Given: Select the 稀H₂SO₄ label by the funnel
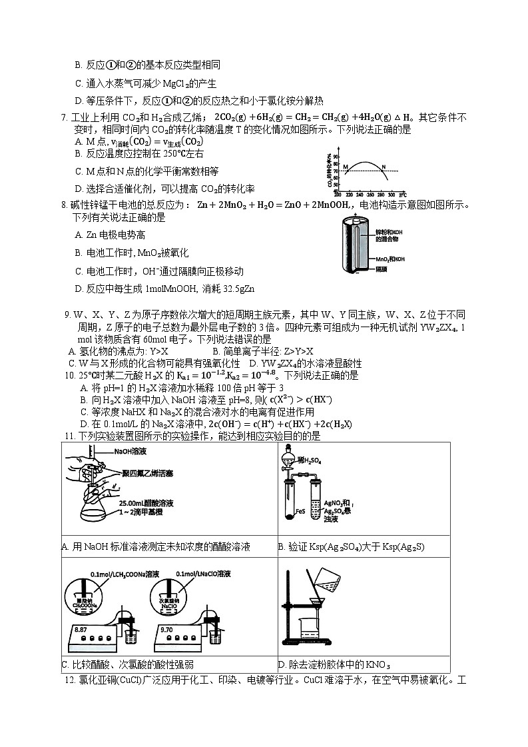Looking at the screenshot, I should click(x=310, y=460).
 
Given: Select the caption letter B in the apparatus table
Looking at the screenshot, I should click(x=281, y=547).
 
